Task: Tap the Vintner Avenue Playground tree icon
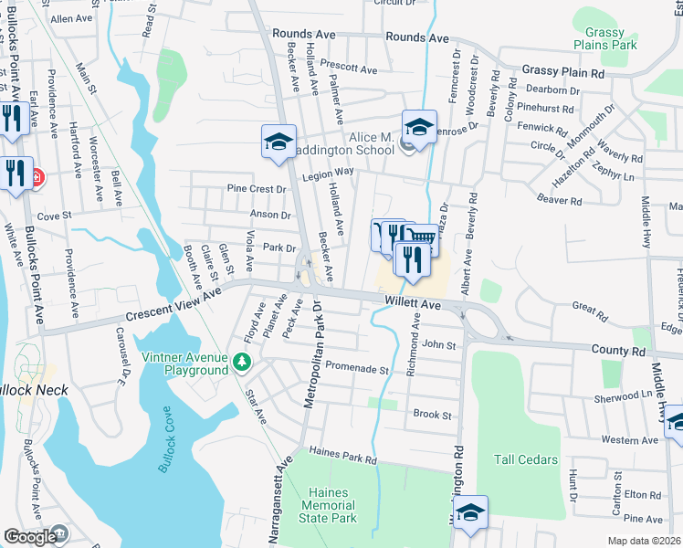pyautogui.click(x=241, y=364)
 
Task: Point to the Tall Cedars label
pyautogui.click(x=525, y=459)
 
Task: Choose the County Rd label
pyautogui.click(x=616, y=350)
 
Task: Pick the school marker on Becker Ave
pyautogui.click(x=279, y=142)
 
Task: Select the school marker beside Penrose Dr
pyautogui.click(x=419, y=128)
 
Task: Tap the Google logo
pyautogui.click(x=31, y=537)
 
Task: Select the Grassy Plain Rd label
pyautogui.click(x=563, y=72)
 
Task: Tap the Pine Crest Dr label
pyautogui.click(x=257, y=189)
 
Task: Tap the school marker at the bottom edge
pyautogui.click(x=470, y=512)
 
